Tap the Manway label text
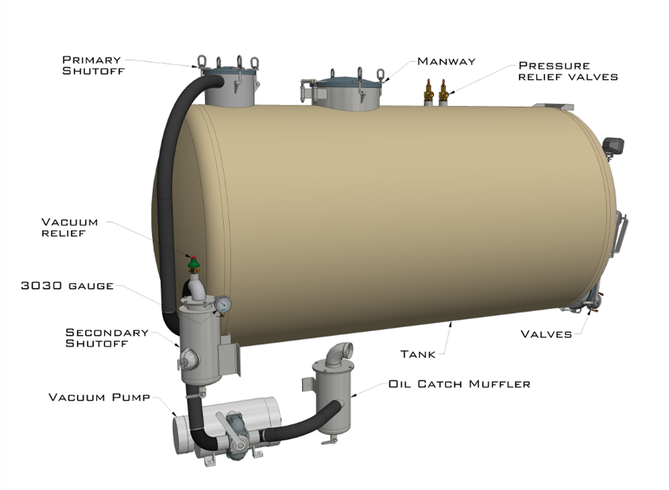pyautogui.click(x=446, y=61)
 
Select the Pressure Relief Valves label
pyautogui.click(x=568, y=71)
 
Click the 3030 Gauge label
pyautogui.click(x=69, y=286)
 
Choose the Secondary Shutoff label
pyautogui.click(x=107, y=338)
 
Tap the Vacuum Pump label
pyautogui.click(x=99, y=397)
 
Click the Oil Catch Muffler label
pyautogui.click(x=459, y=384)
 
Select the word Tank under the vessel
pyautogui.click(x=418, y=354)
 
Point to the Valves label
pyautogui.click(x=546, y=334)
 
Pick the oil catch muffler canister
pyautogui.click(x=330, y=399)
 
